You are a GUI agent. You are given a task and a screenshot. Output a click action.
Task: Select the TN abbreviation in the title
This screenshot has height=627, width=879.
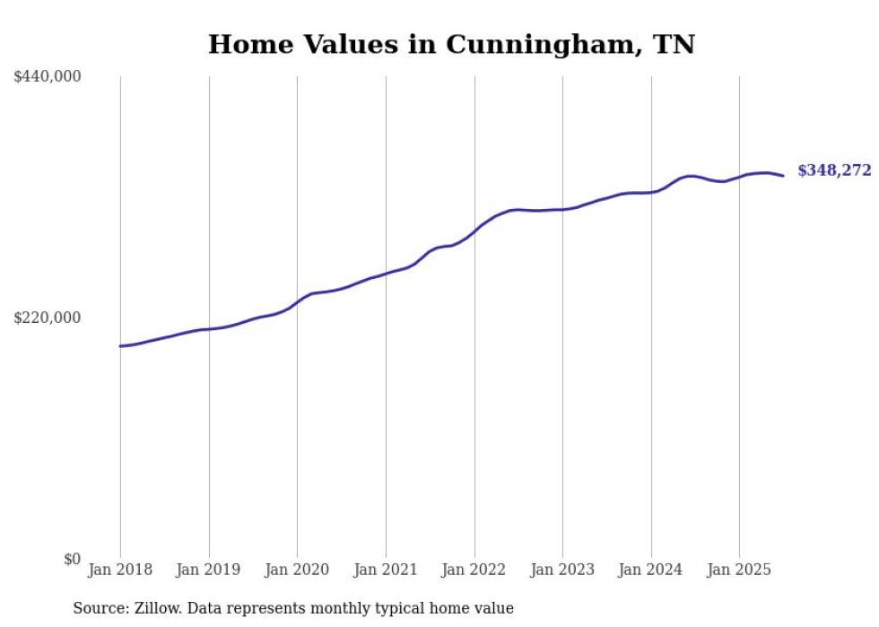click(x=673, y=44)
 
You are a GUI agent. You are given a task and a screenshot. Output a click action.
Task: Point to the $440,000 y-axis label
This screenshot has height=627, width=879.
click(x=48, y=77)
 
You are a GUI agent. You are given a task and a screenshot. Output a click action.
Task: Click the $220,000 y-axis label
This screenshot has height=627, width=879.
click(x=48, y=318)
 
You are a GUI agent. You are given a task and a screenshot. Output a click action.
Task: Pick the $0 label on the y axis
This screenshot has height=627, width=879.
click(x=73, y=559)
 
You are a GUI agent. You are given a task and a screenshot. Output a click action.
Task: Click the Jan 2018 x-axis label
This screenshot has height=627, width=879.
click(x=120, y=570)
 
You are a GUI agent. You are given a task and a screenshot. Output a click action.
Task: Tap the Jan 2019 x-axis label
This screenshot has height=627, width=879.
click(x=209, y=570)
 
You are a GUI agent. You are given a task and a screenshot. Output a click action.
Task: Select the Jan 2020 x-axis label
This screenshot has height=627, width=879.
click(x=298, y=570)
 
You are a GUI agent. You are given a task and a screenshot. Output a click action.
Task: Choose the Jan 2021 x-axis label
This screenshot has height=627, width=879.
click(x=386, y=570)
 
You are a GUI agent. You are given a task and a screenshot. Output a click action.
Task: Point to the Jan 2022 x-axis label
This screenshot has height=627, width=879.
click(x=474, y=570)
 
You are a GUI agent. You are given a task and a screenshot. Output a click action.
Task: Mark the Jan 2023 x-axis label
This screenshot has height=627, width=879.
click(x=562, y=570)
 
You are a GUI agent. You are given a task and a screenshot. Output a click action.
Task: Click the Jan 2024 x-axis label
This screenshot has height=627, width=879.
click(x=651, y=570)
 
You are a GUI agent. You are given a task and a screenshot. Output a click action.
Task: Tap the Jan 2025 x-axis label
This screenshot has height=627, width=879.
click(x=739, y=570)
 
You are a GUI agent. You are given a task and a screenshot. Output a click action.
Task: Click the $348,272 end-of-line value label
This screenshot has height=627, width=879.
click(x=834, y=170)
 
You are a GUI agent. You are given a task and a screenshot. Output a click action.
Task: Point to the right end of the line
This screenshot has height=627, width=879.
click(x=784, y=176)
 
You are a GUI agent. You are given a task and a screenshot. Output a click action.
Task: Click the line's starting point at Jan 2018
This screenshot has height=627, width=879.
click(x=120, y=346)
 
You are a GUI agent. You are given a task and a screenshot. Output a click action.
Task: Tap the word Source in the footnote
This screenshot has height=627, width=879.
click(x=97, y=608)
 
